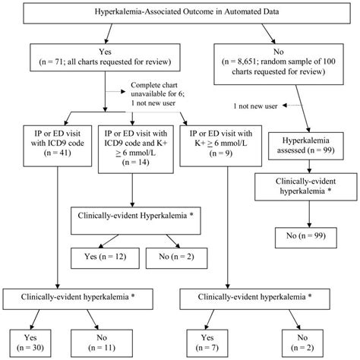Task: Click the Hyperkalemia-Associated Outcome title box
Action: pyautogui.click(x=179, y=15)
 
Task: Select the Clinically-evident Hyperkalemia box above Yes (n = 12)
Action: pyautogui.click(x=133, y=216)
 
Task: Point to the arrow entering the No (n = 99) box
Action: pyautogui.click(x=308, y=219)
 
